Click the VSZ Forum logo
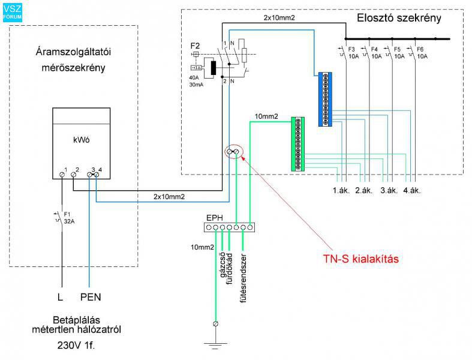[x=11, y=11]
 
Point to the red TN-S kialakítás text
[x=359, y=259]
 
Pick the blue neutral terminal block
[x=326, y=99]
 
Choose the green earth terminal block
[x=297, y=144]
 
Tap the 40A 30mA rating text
[x=196, y=82]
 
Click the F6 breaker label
[x=420, y=49]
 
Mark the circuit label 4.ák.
[x=413, y=191]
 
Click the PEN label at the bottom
[x=91, y=296]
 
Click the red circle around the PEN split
[x=233, y=152]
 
